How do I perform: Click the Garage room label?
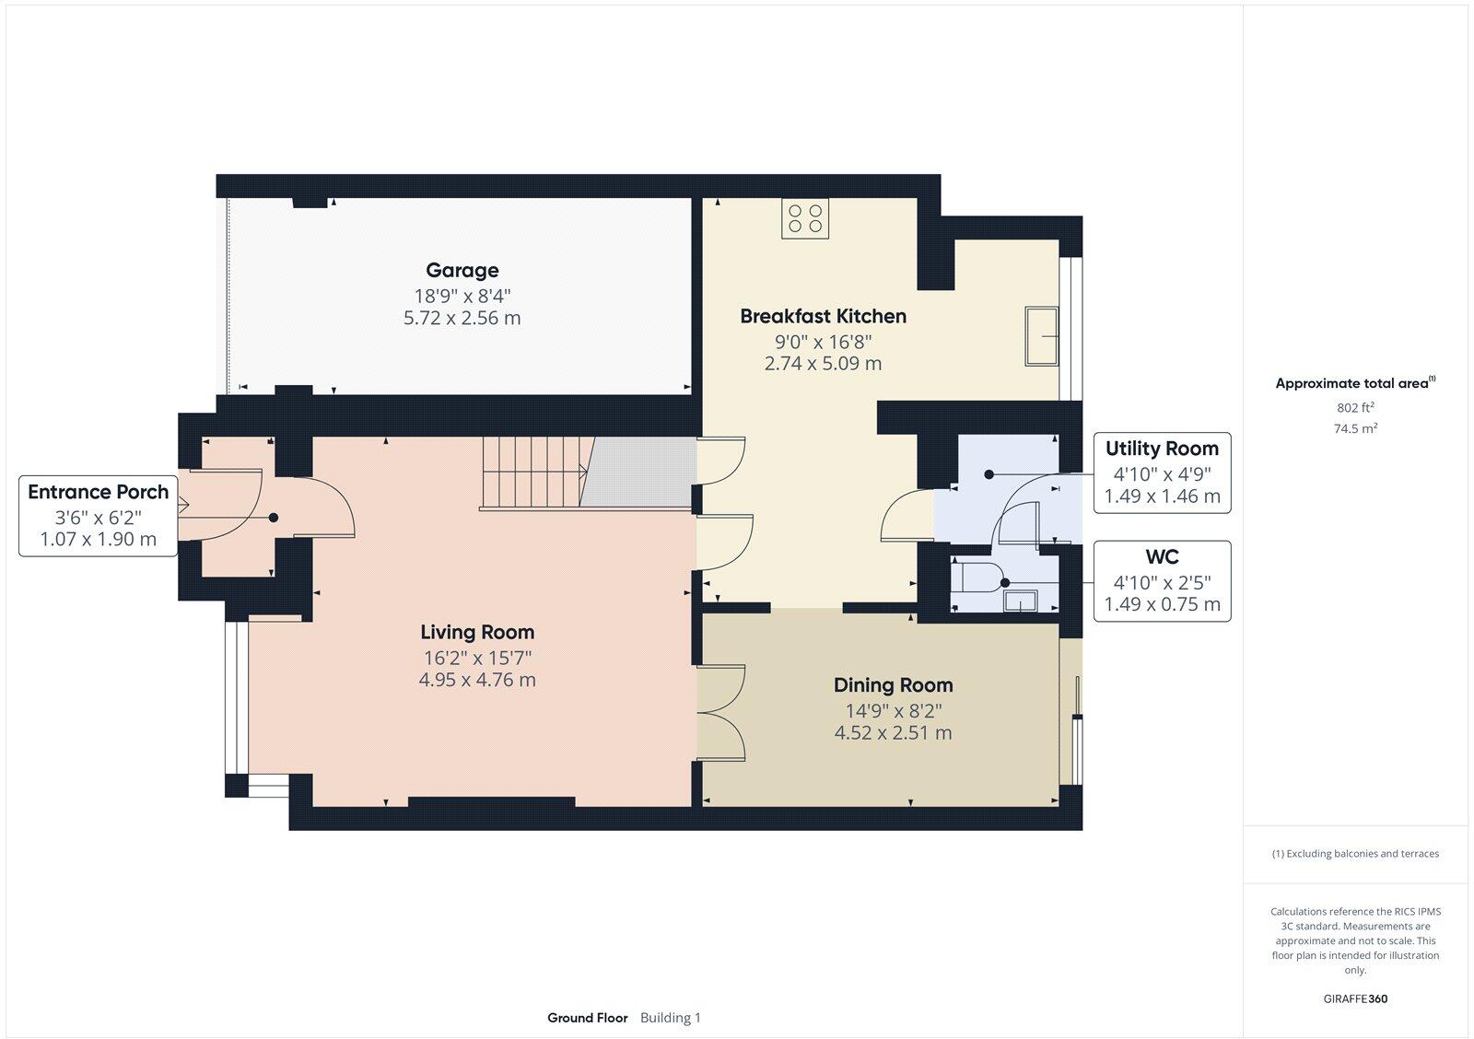coord(462,270)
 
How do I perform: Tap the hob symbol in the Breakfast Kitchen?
coord(804,218)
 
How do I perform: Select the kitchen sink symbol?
coord(1042,336)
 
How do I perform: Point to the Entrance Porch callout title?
coord(98,492)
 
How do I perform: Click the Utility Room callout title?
coord(1161,449)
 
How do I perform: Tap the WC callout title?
coord(1161,557)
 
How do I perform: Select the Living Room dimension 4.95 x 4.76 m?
coord(476,681)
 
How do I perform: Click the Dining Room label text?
coord(893,685)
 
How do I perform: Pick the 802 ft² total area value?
coord(1355,407)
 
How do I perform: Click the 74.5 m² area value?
coord(1355,428)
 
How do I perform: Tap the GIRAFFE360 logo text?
coord(1354,998)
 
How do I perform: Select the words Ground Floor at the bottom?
coord(587,1018)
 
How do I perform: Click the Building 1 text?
coord(670,1018)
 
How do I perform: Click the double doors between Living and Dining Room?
coord(720,713)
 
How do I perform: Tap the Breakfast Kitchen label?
coord(823,316)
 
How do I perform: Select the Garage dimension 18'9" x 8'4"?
coord(462,296)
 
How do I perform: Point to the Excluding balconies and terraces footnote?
coord(1355,854)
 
